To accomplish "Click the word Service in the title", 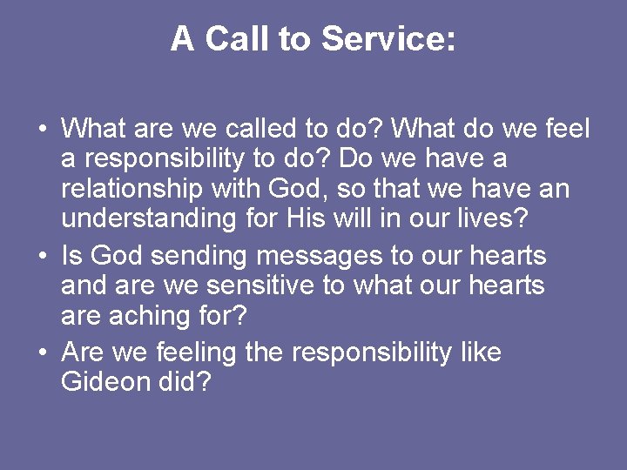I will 388,39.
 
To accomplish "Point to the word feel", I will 566,130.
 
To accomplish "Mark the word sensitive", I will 261,285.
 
